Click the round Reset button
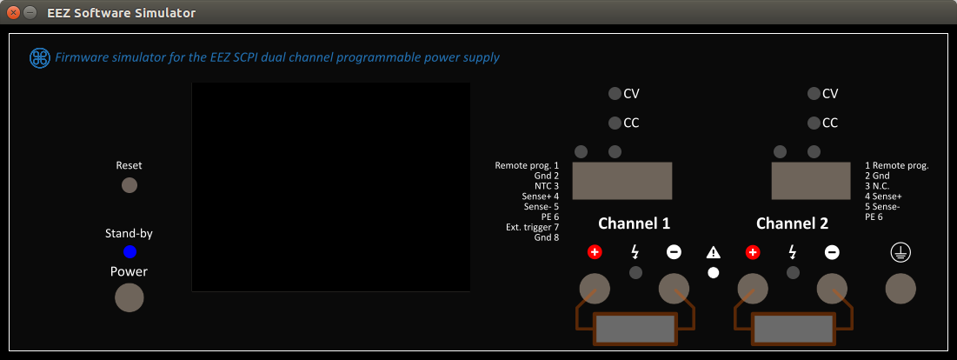point(130,184)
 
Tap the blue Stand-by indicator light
point(130,252)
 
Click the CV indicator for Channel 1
point(615,93)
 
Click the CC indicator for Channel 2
point(814,123)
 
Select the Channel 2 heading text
point(792,223)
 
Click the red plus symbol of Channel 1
point(595,252)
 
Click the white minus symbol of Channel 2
point(832,252)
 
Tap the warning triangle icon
point(714,253)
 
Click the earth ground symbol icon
point(899,252)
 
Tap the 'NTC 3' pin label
point(546,186)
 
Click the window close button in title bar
point(13,13)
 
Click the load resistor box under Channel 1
point(635,330)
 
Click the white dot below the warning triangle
point(714,272)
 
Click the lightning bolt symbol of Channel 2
point(792,252)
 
